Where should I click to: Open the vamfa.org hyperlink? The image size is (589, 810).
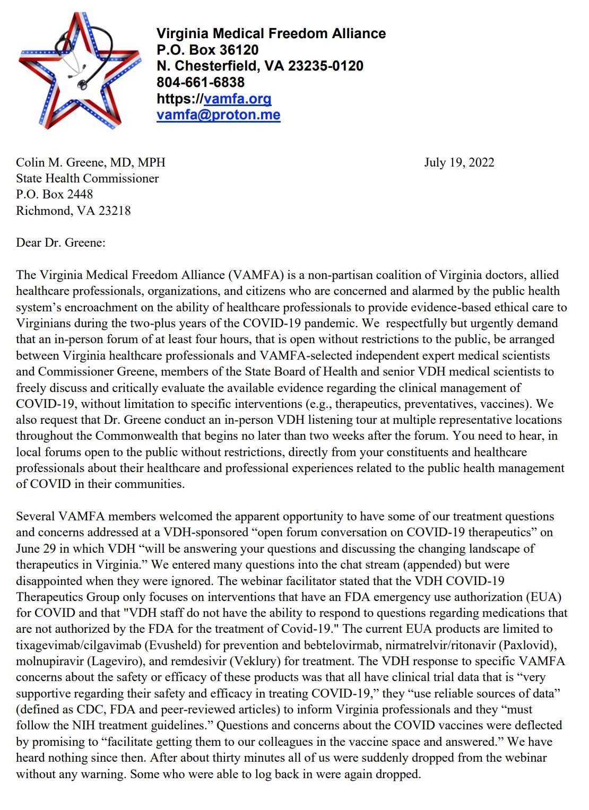[x=237, y=99]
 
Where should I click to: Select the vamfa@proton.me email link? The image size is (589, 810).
[x=218, y=115]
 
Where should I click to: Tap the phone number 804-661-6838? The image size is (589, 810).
[x=200, y=82]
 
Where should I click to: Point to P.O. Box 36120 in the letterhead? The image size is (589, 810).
[x=207, y=50]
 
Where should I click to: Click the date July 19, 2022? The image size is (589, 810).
[x=459, y=162]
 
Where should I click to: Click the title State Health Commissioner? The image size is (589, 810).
[x=87, y=178]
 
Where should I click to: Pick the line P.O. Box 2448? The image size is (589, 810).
[x=54, y=194]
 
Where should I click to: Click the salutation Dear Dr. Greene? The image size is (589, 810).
[x=60, y=243]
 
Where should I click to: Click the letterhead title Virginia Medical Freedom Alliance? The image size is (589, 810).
[x=271, y=33]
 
